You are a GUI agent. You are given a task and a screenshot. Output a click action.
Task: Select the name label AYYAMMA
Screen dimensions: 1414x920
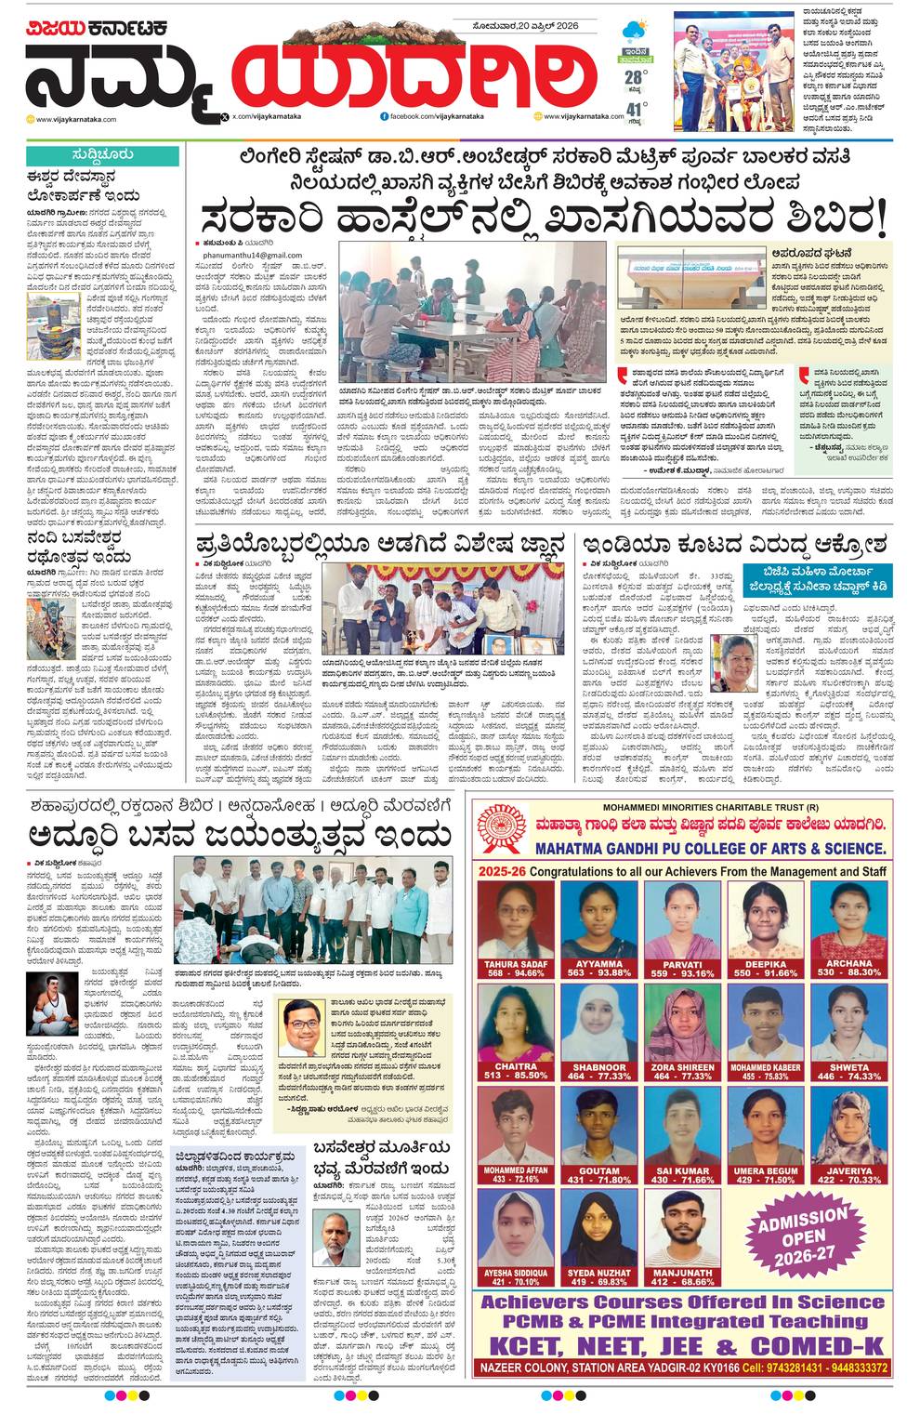point(599,964)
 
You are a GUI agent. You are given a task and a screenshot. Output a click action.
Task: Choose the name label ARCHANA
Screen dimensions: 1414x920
point(848,964)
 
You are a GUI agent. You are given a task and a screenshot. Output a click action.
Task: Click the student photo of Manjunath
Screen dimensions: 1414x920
point(682,1228)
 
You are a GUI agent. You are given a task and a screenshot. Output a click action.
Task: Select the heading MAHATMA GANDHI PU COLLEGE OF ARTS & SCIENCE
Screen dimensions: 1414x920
point(710,848)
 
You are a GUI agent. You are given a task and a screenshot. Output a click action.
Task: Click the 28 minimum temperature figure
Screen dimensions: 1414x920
point(635,77)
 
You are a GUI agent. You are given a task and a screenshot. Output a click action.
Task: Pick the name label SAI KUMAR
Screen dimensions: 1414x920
point(682,1170)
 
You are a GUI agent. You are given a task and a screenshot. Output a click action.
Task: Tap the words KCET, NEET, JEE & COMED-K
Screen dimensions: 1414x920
point(684,1346)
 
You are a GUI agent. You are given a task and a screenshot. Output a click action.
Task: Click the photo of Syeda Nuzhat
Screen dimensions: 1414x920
point(599,1228)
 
